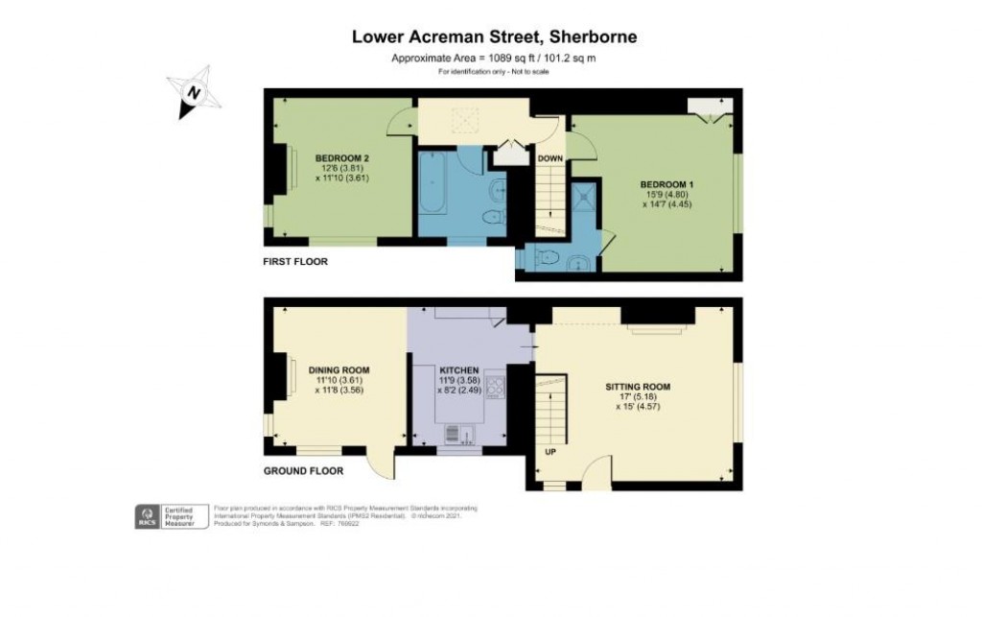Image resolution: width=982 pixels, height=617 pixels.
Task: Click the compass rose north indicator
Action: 195,91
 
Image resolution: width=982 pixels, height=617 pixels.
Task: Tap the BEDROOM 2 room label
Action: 342,157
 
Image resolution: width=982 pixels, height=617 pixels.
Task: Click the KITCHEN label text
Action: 459,369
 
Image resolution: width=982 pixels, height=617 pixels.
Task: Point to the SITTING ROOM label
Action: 638,387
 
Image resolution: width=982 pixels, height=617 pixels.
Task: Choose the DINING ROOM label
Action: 339,369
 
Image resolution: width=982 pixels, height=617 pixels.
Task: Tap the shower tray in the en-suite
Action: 583,198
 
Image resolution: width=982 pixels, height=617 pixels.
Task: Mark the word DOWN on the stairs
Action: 549,158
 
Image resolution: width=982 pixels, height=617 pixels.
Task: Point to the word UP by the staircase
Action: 549,451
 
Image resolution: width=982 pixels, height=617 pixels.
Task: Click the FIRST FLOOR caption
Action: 295,261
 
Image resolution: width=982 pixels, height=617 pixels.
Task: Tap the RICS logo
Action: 148,516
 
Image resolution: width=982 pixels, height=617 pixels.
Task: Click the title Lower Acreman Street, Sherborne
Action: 494,37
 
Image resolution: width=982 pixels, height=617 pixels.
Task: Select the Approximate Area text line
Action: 494,59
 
